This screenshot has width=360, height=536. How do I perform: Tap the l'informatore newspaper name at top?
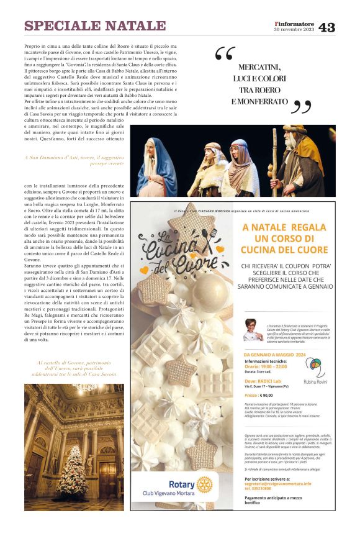click(x=295, y=24)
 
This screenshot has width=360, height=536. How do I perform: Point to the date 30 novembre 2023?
click(x=295, y=31)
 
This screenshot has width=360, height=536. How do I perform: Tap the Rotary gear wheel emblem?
click(x=204, y=484)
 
